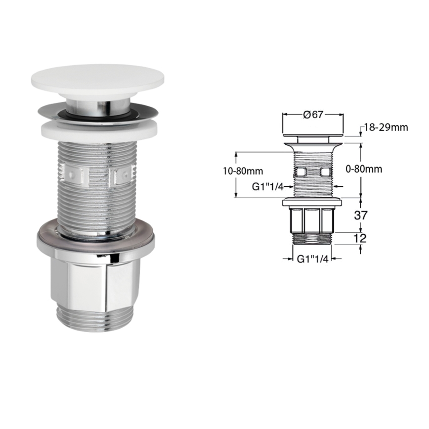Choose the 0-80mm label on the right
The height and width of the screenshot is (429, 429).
364,169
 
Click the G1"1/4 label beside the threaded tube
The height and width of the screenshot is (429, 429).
267,186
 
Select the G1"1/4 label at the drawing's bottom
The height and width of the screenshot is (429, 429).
312,258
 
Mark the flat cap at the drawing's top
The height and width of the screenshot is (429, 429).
312,134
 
